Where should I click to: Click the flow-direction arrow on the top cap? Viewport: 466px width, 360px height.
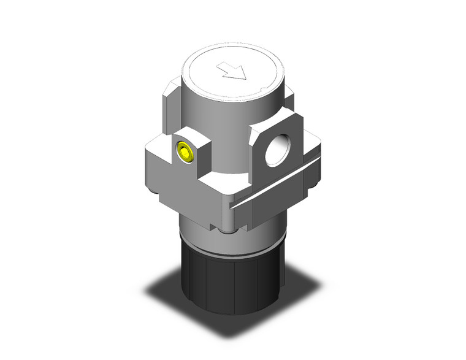tap(234, 72)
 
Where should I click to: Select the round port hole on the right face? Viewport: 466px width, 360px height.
tap(274, 148)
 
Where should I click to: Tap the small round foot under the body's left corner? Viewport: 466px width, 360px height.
tap(161, 199)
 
